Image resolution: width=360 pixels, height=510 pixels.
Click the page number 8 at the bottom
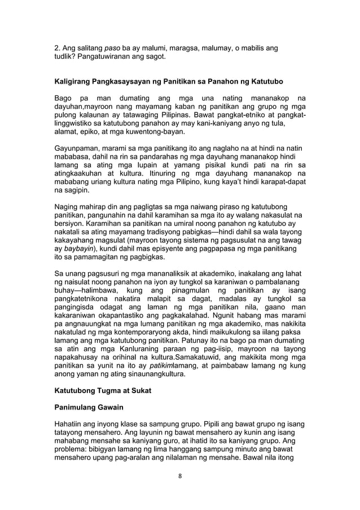179,475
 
